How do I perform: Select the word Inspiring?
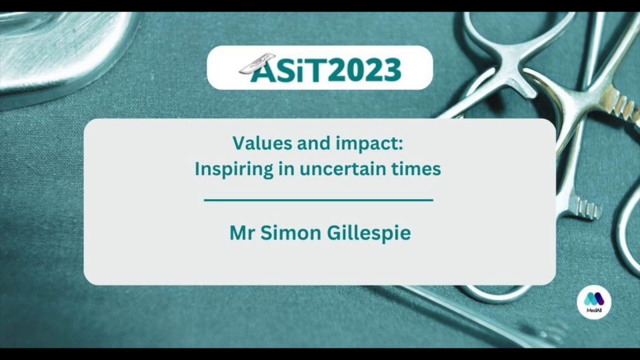point(233,169)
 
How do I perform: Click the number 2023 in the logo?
point(365,70)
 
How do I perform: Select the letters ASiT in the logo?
point(289,70)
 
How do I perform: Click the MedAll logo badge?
point(594,302)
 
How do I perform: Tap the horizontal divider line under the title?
point(319,201)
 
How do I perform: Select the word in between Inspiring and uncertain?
point(286,169)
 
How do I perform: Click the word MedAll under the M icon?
point(594,311)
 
